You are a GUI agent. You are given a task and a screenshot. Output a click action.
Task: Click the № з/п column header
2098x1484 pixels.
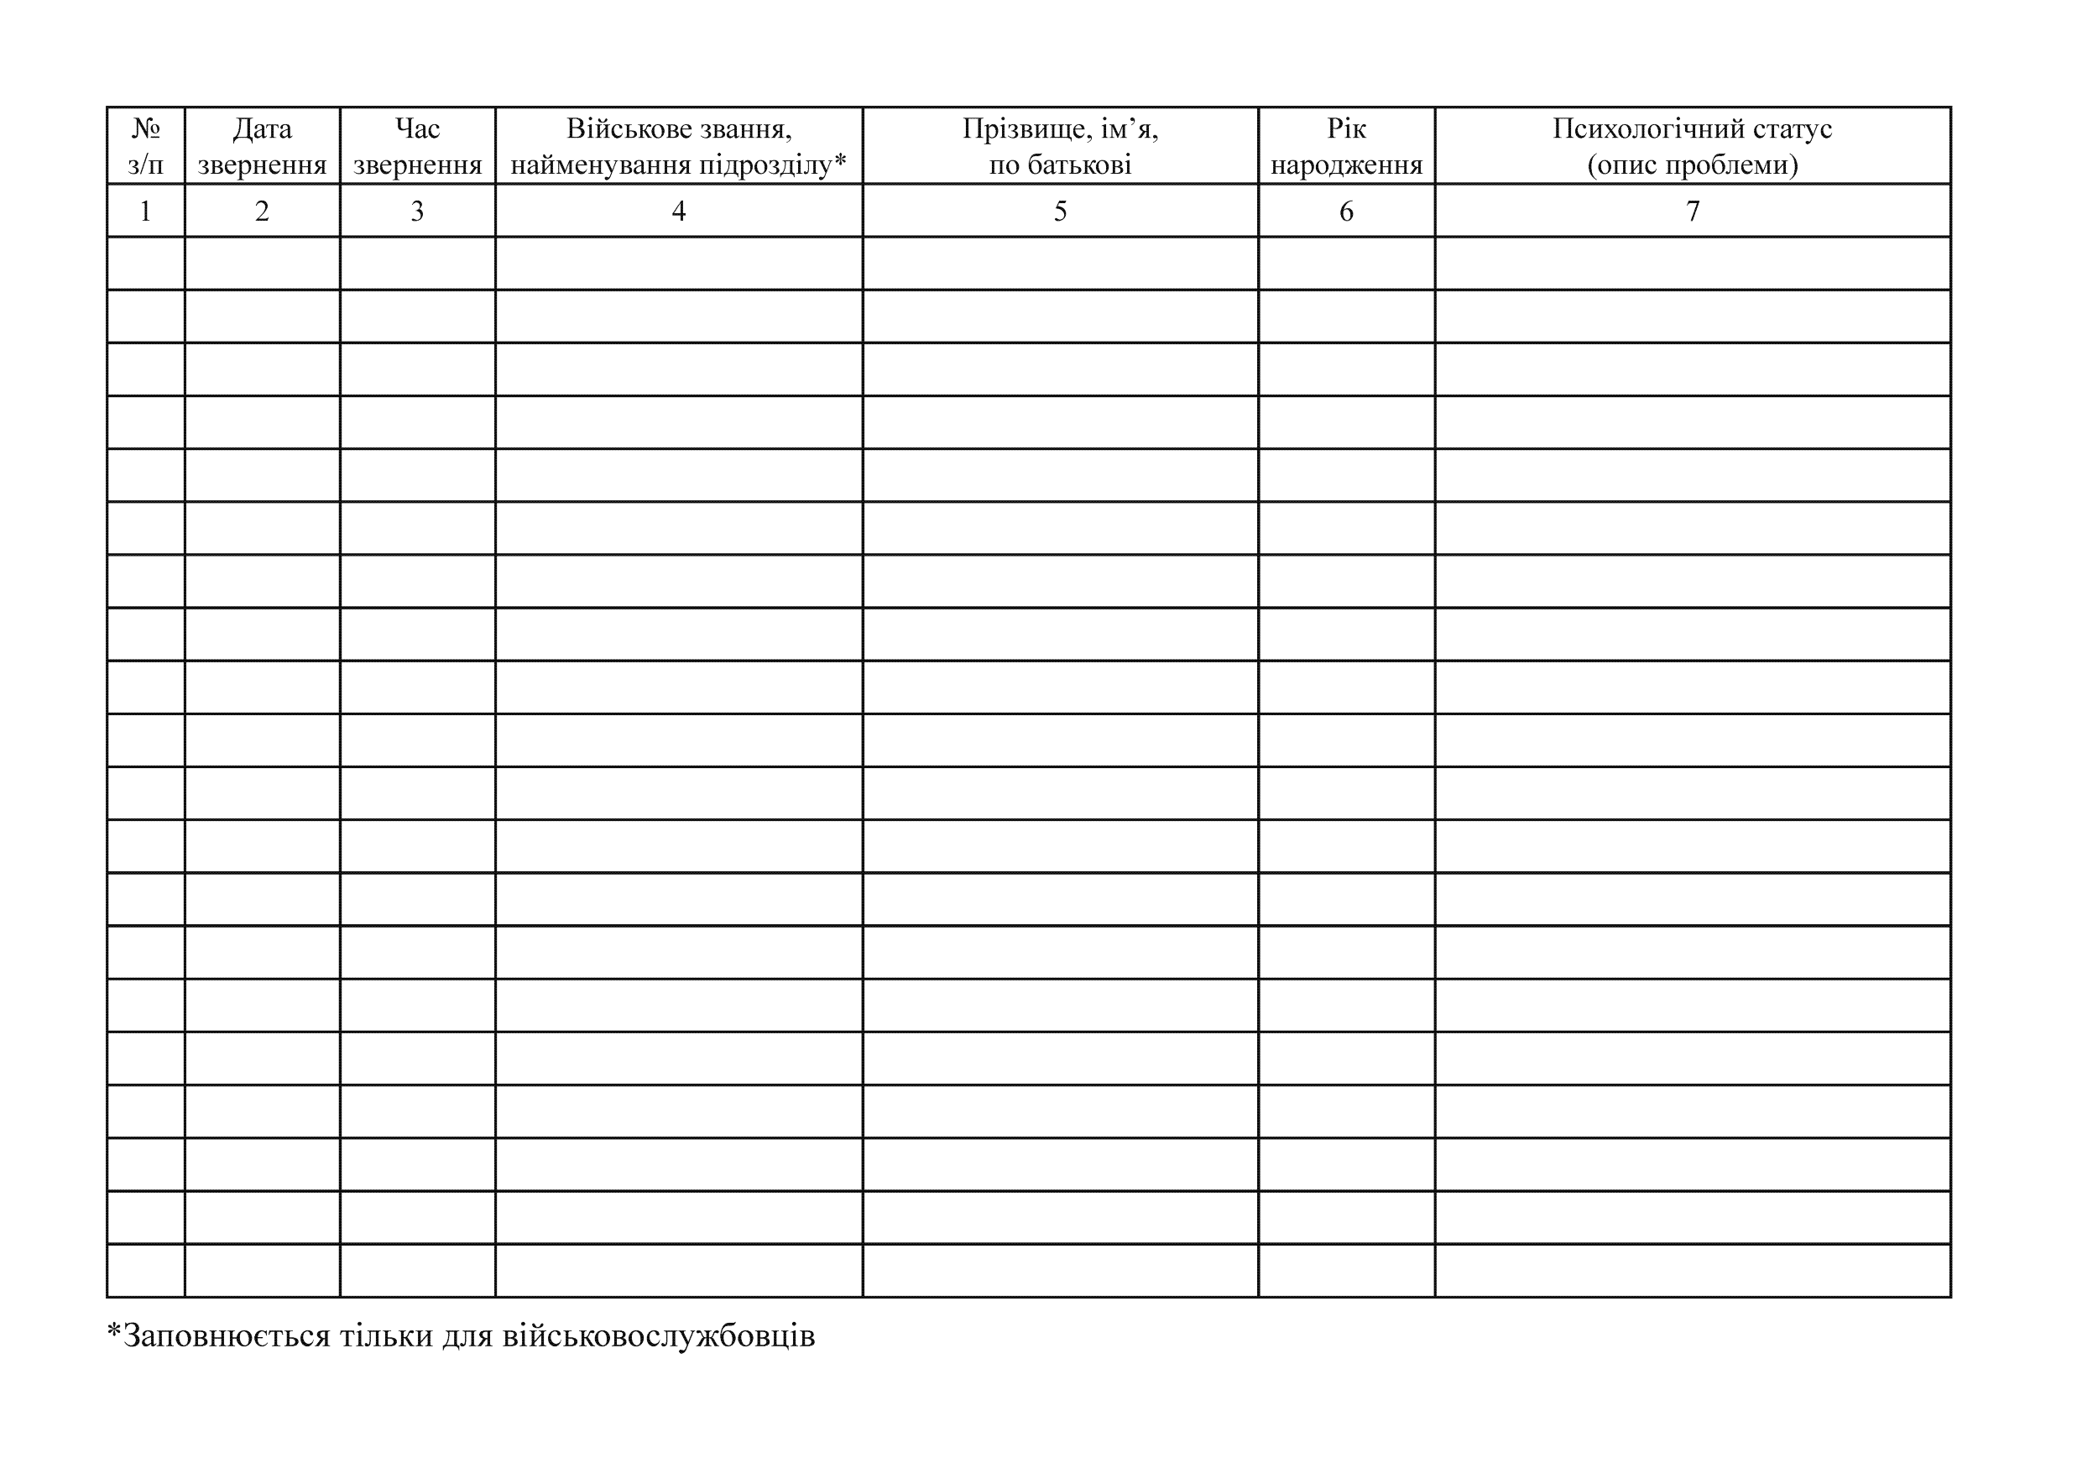coord(145,146)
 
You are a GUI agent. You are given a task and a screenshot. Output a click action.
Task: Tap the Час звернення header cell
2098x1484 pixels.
coord(418,146)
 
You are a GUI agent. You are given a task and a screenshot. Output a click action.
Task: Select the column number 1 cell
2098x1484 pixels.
coord(145,211)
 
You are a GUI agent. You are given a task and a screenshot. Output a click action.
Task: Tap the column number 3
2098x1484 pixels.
coord(418,211)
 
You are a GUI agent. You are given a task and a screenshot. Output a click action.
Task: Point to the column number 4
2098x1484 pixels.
coord(679,211)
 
